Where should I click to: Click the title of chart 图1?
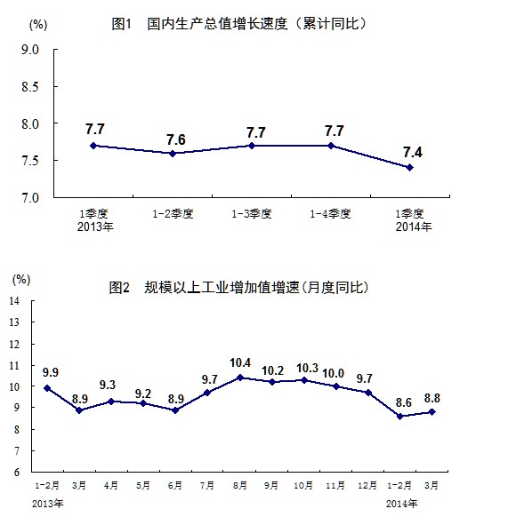[238, 24]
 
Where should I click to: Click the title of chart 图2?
[238, 288]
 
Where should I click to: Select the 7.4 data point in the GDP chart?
[409, 168]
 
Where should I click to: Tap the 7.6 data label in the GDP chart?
[176, 139]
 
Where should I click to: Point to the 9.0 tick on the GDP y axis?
[30, 50]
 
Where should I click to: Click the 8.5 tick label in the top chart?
[30, 87]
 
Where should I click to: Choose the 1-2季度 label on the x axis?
[173, 214]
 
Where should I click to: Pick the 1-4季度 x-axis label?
[330, 214]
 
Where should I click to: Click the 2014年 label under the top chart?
[414, 227]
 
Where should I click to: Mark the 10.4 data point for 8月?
[240, 378]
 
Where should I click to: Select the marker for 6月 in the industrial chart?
[175, 410]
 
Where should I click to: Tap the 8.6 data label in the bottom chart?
[404, 402]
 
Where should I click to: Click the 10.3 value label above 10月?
[307, 368]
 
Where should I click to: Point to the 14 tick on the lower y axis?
[14, 301]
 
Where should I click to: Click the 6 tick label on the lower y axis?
[17, 472]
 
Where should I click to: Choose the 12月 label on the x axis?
[367, 485]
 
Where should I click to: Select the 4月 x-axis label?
[111, 485]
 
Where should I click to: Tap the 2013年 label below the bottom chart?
[47, 504]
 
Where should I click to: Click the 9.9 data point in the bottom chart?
[47, 388]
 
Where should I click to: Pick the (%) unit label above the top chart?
[38, 25]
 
